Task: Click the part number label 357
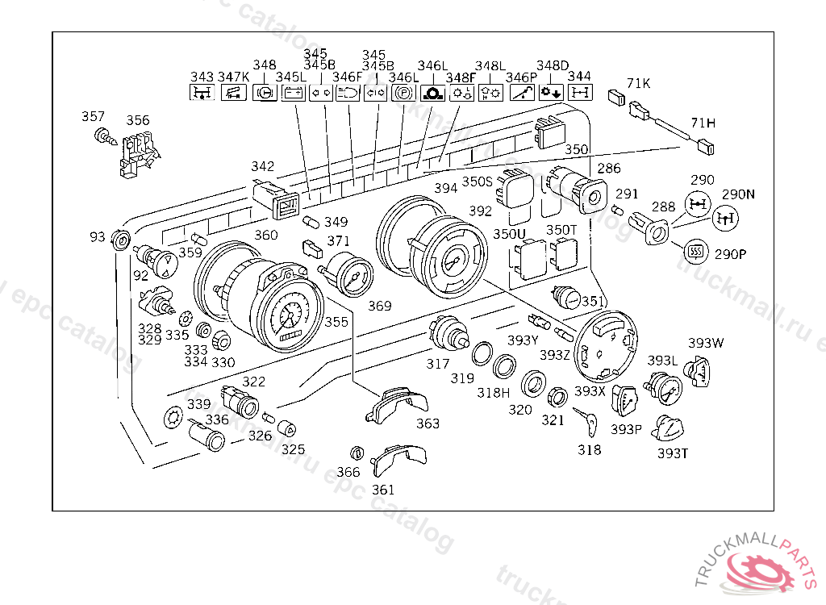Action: coord(94,117)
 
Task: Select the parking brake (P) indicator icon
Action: coord(403,93)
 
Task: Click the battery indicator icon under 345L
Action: coord(291,93)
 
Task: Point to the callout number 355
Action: coord(336,322)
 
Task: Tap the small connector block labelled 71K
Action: coord(619,97)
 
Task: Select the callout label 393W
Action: coord(706,343)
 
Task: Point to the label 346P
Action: coord(521,77)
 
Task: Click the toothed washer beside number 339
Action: coord(173,418)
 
